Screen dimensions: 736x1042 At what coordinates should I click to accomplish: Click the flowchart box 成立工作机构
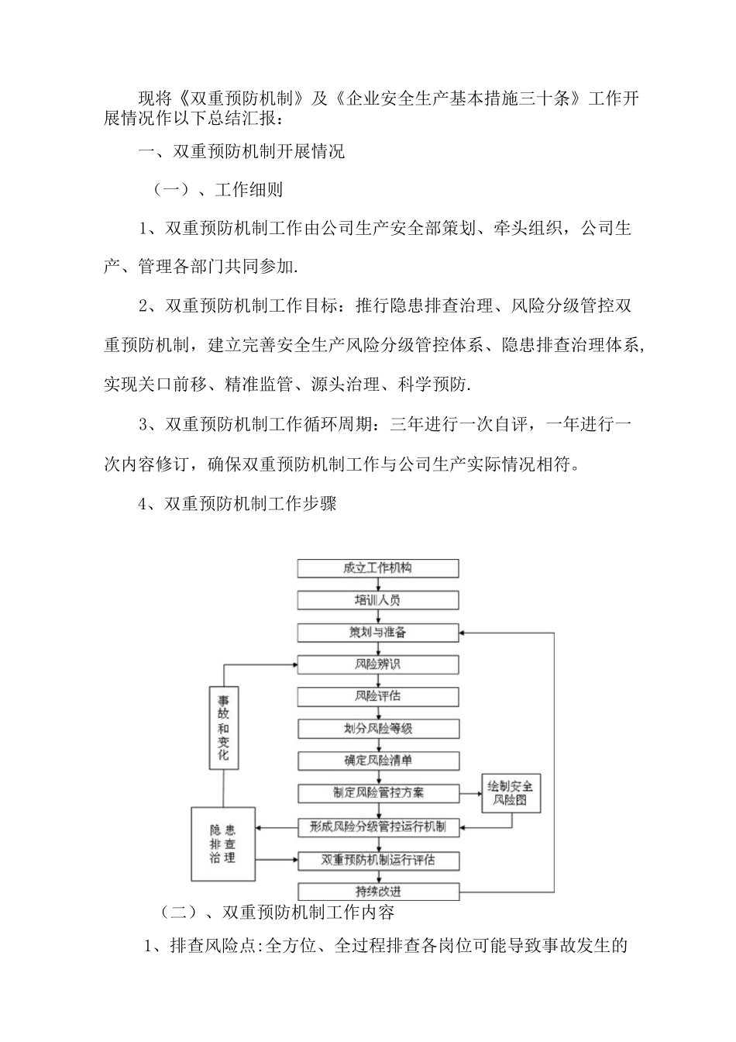[x=378, y=568]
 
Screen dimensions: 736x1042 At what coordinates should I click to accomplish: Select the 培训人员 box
[x=378, y=600]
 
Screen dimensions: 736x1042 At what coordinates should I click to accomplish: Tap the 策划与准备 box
[x=378, y=633]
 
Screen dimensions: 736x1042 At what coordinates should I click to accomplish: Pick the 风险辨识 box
[x=378, y=664]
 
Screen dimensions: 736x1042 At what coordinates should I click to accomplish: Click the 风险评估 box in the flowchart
[x=378, y=696]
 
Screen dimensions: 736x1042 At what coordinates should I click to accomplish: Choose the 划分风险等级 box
[x=378, y=729]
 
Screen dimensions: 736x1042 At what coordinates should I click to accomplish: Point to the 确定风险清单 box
[x=378, y=761]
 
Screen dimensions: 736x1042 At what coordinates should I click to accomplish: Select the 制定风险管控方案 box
[x=378, y=793]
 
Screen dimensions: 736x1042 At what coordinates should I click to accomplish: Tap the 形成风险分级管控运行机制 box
[x=378, y=827]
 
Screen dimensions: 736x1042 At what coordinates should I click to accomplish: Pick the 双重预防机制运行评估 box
[x=378, y=860]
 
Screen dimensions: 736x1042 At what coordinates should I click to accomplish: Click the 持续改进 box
[x=378, y=892]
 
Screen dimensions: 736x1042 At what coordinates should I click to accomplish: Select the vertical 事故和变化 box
[x=224, y=727]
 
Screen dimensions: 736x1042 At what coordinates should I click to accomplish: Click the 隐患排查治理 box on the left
[x=223, y=844]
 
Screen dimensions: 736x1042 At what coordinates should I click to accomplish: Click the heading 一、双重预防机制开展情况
[x=241, y=151]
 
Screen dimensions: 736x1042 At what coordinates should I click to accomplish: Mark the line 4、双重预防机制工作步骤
[x=237, y=504]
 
